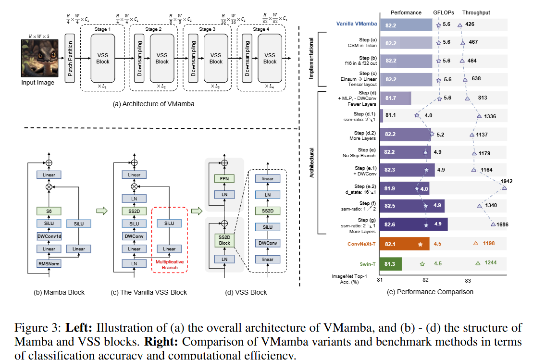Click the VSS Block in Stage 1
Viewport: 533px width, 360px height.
click(103, 58)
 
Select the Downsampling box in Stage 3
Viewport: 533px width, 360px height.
click(193, 58)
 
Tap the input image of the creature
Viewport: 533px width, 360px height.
click(37, 59)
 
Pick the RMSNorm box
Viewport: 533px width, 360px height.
click(49, 263)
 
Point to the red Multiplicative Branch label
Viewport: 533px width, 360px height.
click(169, 264)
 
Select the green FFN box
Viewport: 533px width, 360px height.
click(225, 178)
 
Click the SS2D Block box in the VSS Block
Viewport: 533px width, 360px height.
click(225, 240)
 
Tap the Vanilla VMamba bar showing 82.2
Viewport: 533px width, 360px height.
click(406, 25)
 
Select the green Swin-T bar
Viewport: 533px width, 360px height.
click(391, 263)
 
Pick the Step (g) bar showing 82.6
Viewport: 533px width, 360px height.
click(413, 224)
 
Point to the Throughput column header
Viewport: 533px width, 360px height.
click(476, 12)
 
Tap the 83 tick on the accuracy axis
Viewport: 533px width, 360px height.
click(468, 280)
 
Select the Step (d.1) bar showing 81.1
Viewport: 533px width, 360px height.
click(382, 116)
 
